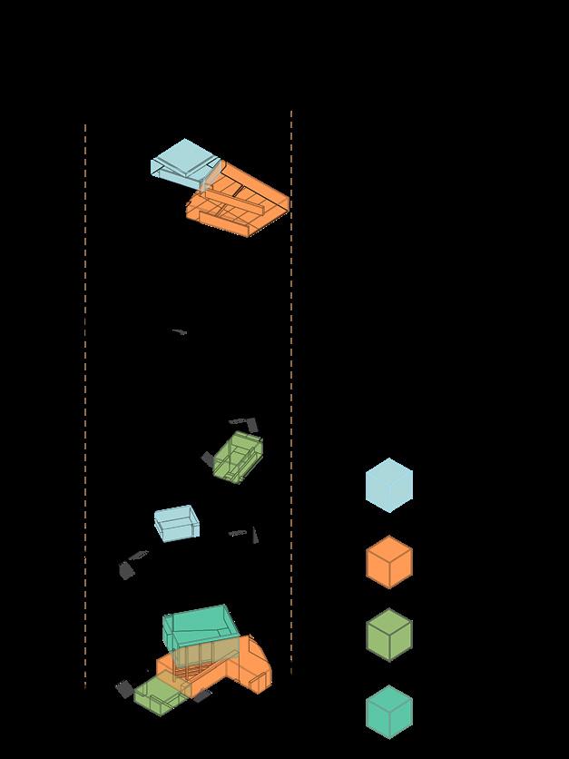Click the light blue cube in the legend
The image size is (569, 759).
coord(388,485)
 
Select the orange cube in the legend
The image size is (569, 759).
coord(388,562)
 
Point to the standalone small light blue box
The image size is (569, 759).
coord(176,523)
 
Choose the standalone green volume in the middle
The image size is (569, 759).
coord(239,456)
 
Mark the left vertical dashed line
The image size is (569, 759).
coord(85,409)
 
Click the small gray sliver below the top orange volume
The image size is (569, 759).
coord(180,332)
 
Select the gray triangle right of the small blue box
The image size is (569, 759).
coord(256,536)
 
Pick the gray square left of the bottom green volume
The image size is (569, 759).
coord(124,689)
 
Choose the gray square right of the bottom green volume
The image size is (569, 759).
coord(201,696)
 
